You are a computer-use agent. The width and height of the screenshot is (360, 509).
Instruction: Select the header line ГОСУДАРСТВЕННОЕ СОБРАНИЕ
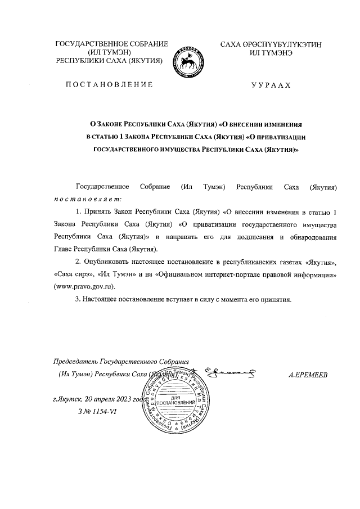111,44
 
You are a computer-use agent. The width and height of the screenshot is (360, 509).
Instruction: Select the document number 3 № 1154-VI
98,412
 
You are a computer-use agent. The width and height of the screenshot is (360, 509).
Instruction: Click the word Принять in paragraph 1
99,212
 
